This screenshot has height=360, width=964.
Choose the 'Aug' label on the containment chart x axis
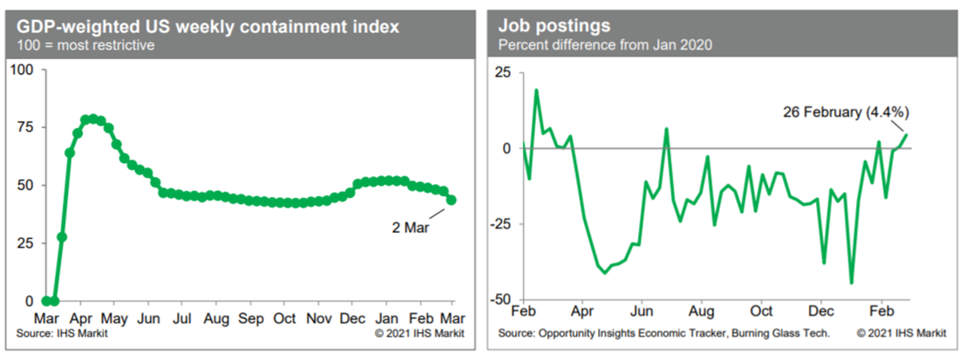click(216, 319)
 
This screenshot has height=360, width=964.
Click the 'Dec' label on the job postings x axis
click(822, 310)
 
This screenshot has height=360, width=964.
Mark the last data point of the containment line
click(451, 200)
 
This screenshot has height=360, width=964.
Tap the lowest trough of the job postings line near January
click(852, 282)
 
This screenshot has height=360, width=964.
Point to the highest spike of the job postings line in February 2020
click(536, 90)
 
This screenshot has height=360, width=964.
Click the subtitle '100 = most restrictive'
click(83, 45)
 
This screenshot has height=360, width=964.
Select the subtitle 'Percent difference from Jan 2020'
click(601, 44)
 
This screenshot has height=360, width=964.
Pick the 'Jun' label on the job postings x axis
click(642, 310)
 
